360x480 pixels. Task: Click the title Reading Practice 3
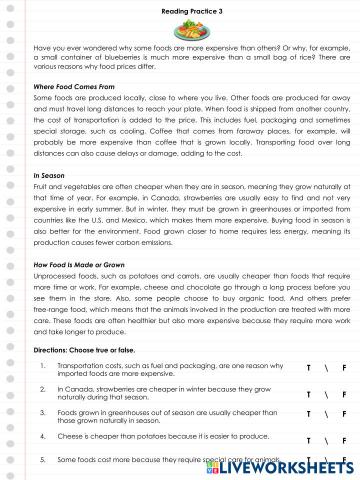pyautogui.click(x=181, y=10)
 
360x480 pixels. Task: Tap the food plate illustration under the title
pyautogui.click(x=181, y=29)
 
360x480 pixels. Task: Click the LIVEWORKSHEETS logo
pyautogui.click(x=300, y=467)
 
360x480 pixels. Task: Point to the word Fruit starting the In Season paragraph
pyautogui.click(x=41, y=188)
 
